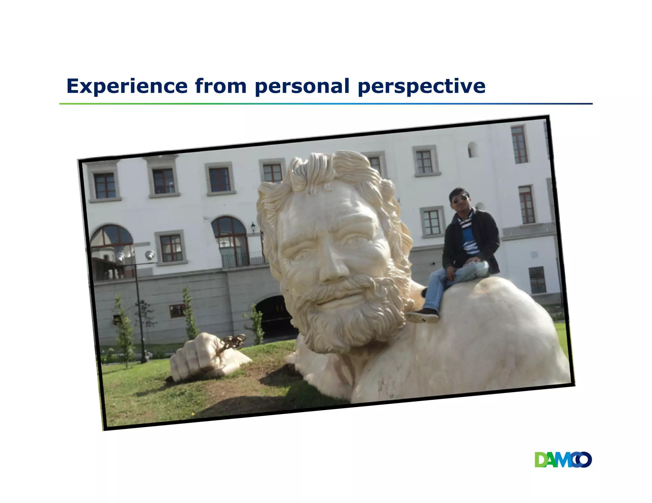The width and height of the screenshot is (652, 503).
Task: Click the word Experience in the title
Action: click(127, 86)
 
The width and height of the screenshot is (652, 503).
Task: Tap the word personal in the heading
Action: click(302, 86)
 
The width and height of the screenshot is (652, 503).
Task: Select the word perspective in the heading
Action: click(422, 86)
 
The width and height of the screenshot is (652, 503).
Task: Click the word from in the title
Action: click(221, 86)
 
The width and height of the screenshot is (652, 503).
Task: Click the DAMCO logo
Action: click(563, 460)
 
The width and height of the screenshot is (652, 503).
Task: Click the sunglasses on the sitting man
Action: click(460, 199)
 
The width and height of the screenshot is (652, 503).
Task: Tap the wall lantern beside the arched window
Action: click(253, 227)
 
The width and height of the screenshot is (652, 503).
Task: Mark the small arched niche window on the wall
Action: click(472, 149)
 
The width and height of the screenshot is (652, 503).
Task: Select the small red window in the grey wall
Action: click(177, 311)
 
